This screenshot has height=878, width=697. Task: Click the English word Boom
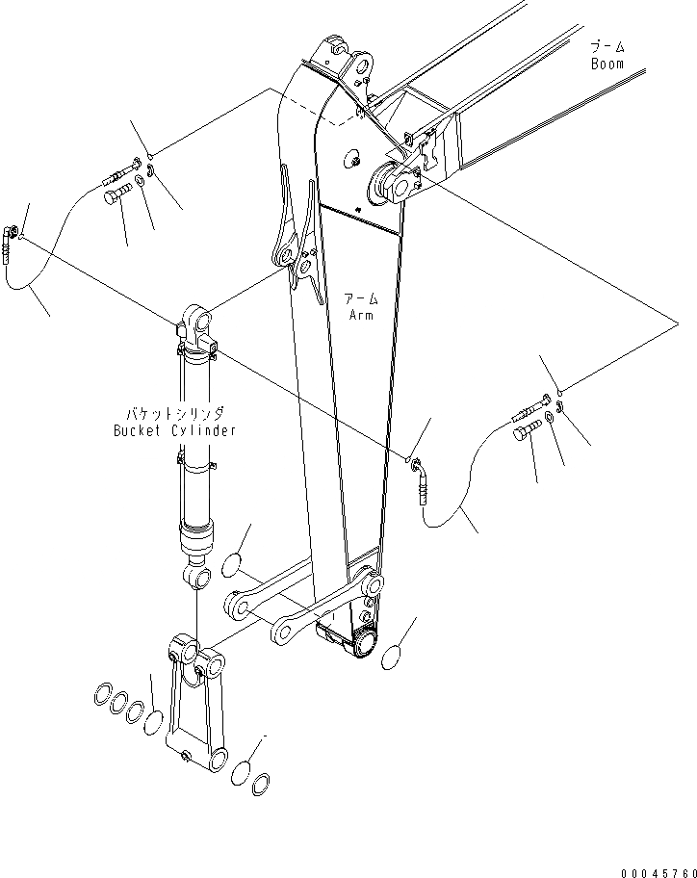[607, 65]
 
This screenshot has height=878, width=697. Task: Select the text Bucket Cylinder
[173, 430]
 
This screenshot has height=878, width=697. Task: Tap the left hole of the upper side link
[237, 605]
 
